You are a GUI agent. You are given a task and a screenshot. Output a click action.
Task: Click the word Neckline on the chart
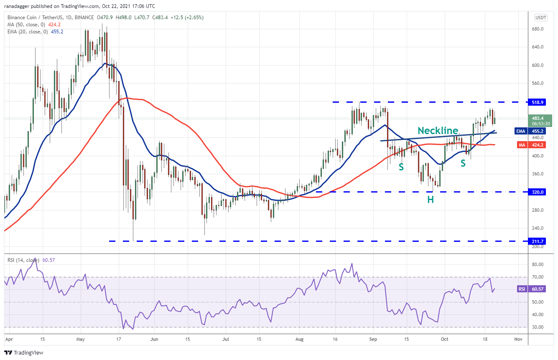438,131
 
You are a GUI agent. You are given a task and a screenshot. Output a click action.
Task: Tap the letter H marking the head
430,200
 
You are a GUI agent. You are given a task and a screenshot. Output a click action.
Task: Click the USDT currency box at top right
540,18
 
